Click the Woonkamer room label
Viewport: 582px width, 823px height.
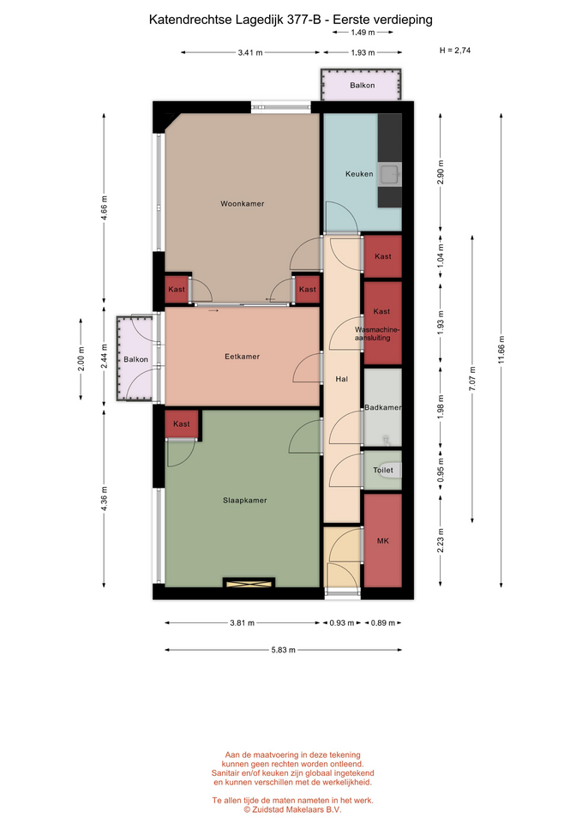pos(242,204)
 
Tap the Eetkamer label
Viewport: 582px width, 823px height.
pos(242,357)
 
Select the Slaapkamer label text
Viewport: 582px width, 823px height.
pos(244,500)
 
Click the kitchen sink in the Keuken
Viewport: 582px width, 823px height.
pos(389,174)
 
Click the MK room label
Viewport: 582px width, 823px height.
pos(382,541)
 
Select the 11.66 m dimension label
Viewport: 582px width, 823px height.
pos(501,350)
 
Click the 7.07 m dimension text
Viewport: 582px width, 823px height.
pos(472,379)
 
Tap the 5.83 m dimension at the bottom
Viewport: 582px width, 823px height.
pos(284,650)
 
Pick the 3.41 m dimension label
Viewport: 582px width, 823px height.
pos(250,52)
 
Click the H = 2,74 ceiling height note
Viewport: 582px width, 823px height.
pos(455,51)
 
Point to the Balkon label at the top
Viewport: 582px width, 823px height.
pos(362,85)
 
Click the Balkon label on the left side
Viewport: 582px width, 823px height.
pos(136,359)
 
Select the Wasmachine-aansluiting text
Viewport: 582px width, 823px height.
pos(377,333)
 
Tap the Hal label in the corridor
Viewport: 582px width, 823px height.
pos(342,379)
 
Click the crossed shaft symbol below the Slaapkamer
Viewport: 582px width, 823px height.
pos(249,583)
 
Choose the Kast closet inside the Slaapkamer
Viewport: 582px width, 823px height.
pos(182,424)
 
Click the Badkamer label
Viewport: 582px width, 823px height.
pos(383,407)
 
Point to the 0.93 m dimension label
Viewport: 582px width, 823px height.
pos(342,623)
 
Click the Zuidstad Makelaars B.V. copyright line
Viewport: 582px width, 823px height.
pos(292,810)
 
